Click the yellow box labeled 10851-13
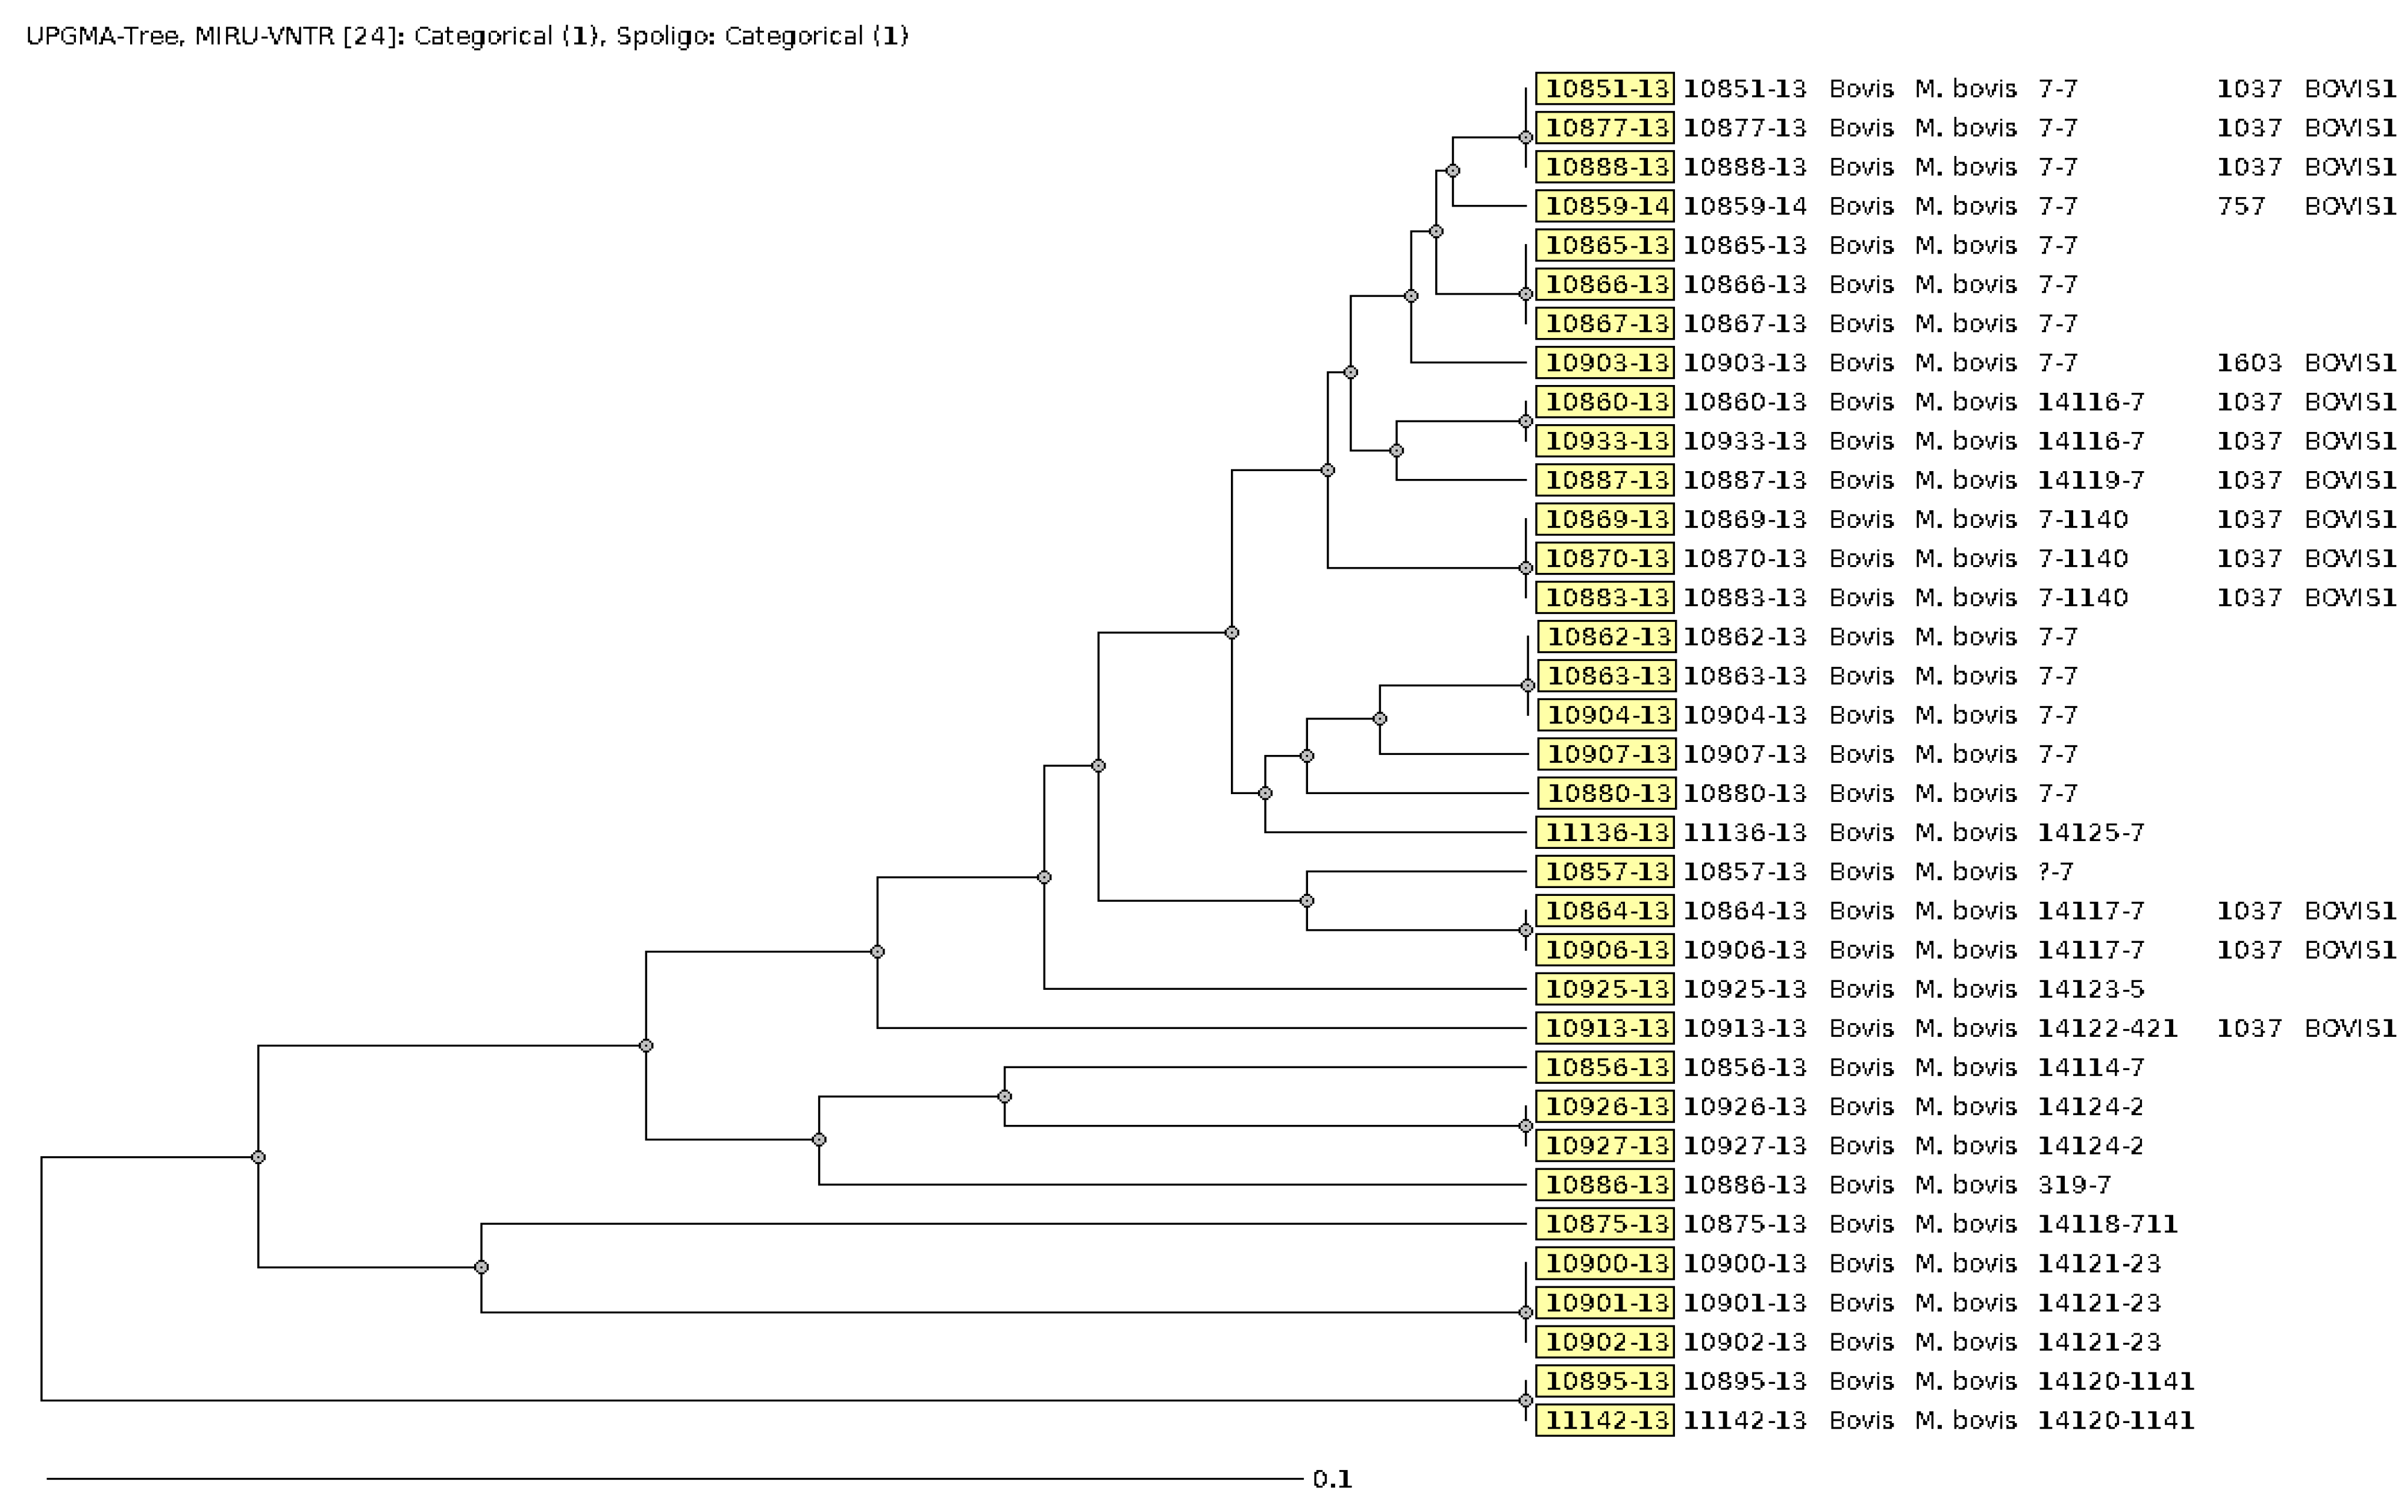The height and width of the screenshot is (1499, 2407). click(x=1605, y=88)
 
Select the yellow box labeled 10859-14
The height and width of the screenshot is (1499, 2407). click(x=1605, y=206)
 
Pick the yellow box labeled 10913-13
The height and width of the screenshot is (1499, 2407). click(x=1605, y=1028)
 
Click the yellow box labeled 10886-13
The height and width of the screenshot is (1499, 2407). click(x=1605, y=1184)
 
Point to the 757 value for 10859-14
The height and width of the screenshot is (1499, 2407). click(x=2241, y=206)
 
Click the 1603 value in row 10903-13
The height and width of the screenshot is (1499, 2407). click(x=2249, y=363)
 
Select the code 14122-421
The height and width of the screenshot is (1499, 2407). click(x=2106, y=1028)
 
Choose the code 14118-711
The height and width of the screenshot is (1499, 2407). click(x=2106, y=1224)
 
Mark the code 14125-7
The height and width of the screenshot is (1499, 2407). click(x=2089, y=833)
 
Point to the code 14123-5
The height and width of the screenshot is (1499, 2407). click(x=2089, y=989)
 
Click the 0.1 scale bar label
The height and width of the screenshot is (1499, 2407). click(x=1332, y=1479)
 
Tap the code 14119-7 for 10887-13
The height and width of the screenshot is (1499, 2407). click(x=2089, y=480)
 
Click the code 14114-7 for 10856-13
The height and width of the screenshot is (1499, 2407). click(x=2089, y=1068)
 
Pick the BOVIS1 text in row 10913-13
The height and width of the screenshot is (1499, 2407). click(x=2350, y=1028)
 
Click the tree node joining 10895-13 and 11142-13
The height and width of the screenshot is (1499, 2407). click(x=1526, y=1401)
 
